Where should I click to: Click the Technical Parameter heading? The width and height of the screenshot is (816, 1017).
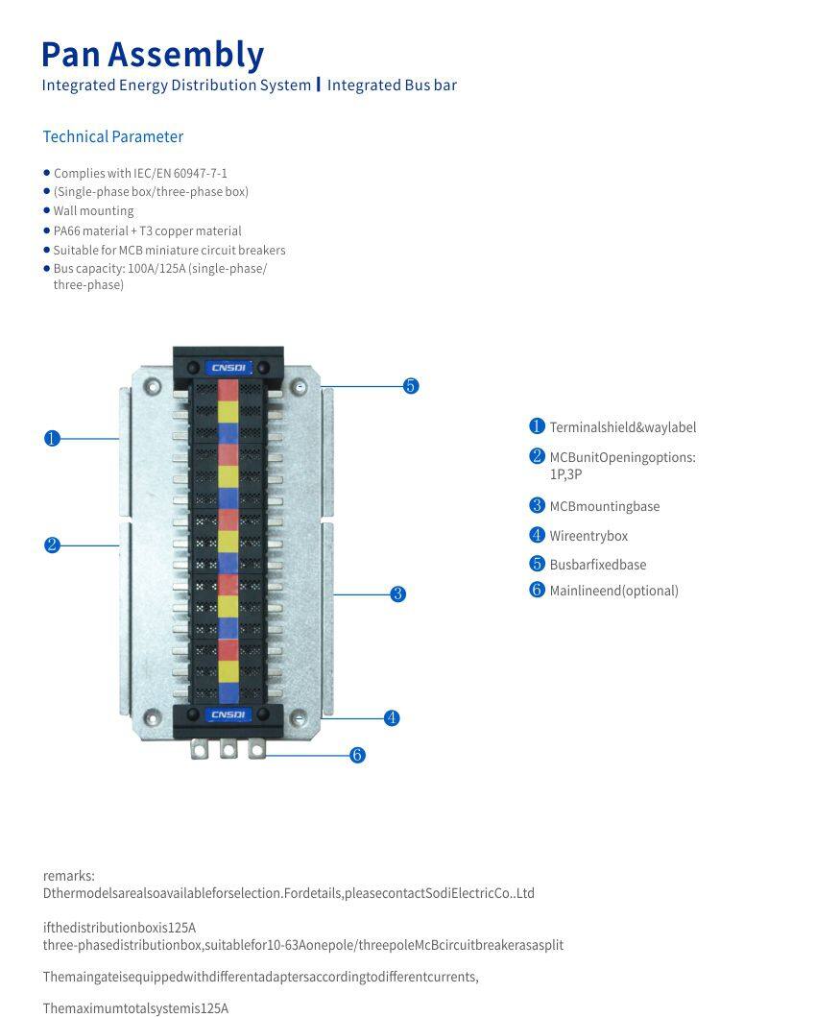point(112,136)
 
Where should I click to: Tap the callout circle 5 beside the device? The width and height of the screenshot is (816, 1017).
point(411,386)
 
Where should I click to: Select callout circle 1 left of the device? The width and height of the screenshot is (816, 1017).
point(52,439)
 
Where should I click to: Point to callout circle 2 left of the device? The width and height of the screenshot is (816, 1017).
point(52,545)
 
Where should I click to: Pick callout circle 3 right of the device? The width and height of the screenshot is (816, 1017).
point(398,594)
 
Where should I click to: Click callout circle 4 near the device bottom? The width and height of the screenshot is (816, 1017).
point(392,718)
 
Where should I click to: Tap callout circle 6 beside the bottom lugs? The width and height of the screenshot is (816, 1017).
point(357,756)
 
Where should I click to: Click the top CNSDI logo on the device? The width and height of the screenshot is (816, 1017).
point(228,368)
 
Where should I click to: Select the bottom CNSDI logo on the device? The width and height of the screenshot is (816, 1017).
point(228,714)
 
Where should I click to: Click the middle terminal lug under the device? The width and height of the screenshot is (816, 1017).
point(228,749)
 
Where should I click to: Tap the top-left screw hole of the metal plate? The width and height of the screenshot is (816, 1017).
point(152,387)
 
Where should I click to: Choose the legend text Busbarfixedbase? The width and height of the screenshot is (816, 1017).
point(597,565)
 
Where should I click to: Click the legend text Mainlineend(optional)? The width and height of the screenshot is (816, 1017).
point(613,591)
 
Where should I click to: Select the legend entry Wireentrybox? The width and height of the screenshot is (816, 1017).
point(588,536)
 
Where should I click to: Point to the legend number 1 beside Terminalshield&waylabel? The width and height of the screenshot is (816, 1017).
point(537,426)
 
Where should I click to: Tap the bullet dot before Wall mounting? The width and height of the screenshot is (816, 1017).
point(46,210)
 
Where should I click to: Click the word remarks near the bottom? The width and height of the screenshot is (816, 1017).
point(69,876)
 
